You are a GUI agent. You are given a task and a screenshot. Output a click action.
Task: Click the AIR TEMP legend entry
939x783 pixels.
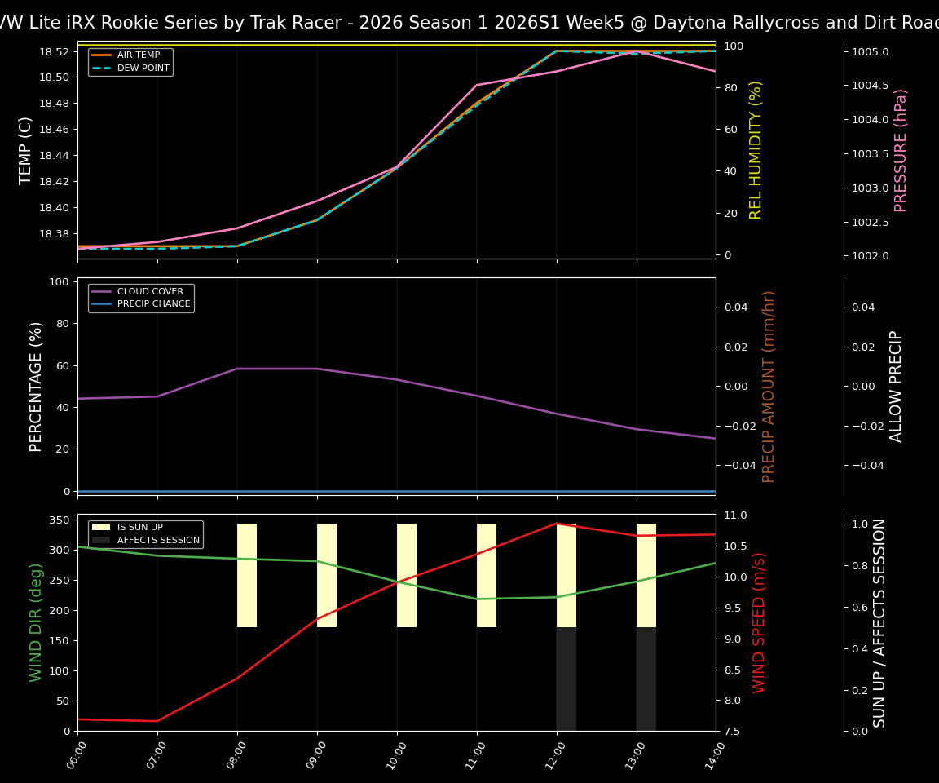pyautogui.click(x=137, y=55)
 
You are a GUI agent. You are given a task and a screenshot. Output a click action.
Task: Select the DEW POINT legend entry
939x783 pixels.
pyautogui.click(x=143, y=68)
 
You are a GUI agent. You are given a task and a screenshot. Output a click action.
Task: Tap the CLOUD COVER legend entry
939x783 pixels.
pyautogui.click(x=150, y=291)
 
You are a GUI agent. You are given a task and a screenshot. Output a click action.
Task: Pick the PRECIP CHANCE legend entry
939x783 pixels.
pyautogui.click(x=153, y=303)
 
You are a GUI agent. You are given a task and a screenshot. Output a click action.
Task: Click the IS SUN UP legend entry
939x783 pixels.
pyautogui.click(x=139, y=528)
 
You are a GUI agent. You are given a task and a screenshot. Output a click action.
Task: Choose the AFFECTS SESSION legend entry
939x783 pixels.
pyautogui.click(x=158, y=540)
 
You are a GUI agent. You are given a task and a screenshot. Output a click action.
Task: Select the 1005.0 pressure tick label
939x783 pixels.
pyautogui.click(x=871, y=51)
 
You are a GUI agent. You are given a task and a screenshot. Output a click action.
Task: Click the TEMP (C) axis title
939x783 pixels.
pyautogui.click(x=25, y=150)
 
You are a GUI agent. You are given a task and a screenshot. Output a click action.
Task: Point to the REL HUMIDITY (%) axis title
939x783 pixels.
pyautogui.click(x=756, y=150)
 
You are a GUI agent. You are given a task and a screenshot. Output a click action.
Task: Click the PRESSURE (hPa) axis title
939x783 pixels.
pyautogui.click(x=901, y=150)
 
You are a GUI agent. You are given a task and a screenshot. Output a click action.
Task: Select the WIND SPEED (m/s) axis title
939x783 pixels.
pyautogui.click(x=759, y=622)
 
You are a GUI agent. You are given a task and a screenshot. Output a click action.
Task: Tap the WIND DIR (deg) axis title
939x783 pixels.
pyautogui.click(x=36, y=622)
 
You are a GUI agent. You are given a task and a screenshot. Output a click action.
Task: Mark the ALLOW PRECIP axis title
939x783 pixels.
pyautogui.click(x=897, y=386)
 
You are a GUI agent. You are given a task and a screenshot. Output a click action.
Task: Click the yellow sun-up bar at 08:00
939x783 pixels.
pyautogui.click(x=247, y=575)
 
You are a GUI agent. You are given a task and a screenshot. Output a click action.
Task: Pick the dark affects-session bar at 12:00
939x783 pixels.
pyautogui.click(x=566, y=679)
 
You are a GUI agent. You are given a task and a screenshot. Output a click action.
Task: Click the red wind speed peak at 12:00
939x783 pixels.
pyautogui.click(x=557, y=524)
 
